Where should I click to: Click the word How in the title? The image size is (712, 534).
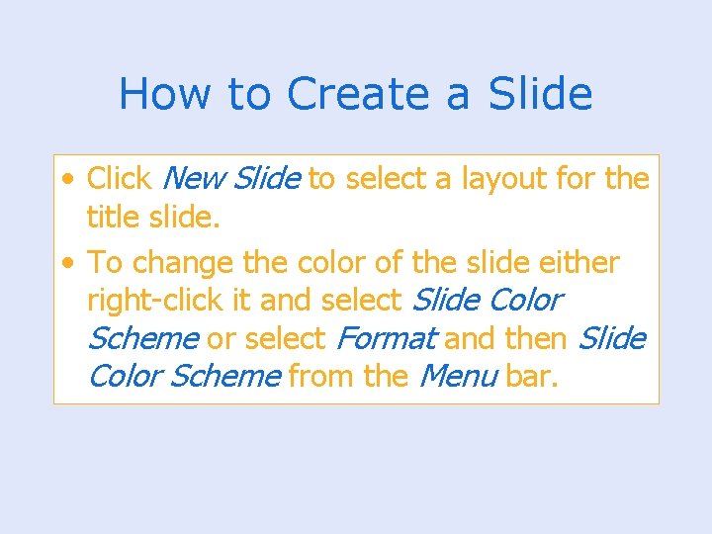[x=163, y=94]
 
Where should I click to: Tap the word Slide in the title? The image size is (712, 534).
[x=541, y=94]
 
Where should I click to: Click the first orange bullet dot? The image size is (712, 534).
[x=66, y=180]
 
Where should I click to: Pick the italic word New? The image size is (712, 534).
[x=194, y=179]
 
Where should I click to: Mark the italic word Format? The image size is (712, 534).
[x=386, y=338]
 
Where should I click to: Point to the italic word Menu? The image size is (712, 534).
[x=458, y=376]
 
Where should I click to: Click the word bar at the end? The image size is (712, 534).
[x=532, y=376]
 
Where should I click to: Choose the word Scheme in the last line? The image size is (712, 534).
[x=225, y=376]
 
